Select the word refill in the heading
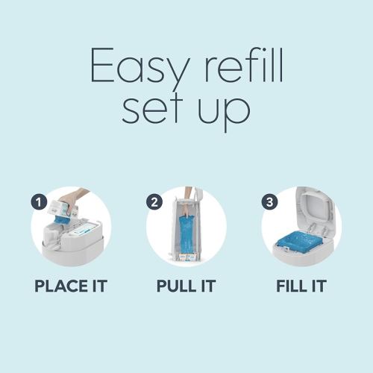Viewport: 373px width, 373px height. pyautogui.click(x=243, y=65)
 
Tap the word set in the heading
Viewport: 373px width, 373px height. pyautogui.click(x=152, y=110)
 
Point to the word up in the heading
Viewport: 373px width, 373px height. pyautogui.click(x=225, y=114)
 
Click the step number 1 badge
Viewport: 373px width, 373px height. pyautogui.click(x=39, y=202)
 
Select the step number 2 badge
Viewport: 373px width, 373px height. pyautogui.click(x=154, y=202)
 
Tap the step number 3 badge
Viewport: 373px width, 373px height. pyautogui.click(x=270, y=202)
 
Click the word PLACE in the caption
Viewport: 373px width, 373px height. pyautogui.click(x=61, y=286)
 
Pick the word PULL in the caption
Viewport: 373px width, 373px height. pyautogui.click(x=177, y=286)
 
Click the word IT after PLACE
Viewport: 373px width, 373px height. pyautogui.click(x=100, y=286)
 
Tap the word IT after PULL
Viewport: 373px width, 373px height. pyautogui.click(x=208, y=286)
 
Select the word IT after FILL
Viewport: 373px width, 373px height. pyautogui.click(x=319, y=286)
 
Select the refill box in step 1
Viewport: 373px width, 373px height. pyautogui.click(x=63, y=210)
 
